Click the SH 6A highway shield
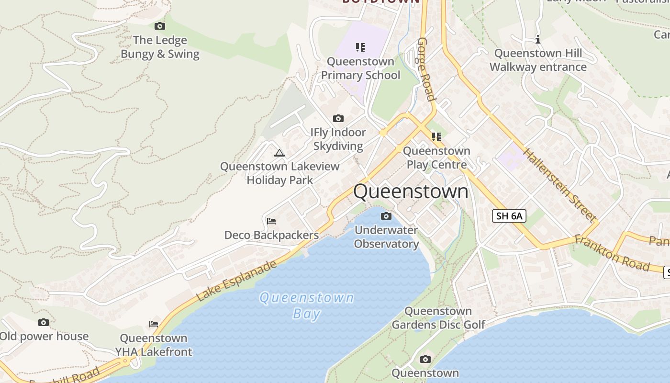coord(509,216)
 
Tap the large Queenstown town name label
coord(411,191)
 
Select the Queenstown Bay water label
coord(306,305)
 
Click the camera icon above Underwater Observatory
coord(386,216)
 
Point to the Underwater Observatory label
coord(386,237)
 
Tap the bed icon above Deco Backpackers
coord(271,221)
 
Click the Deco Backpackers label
coord(271,235)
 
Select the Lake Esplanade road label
coord(236,281)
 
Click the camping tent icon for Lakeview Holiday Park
coord(279,153)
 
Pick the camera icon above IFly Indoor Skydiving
coord(338,118)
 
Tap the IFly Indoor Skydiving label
coord(338,139)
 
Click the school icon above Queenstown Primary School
coord(360,47)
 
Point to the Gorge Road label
coord(426,69)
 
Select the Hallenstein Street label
coord(559,185)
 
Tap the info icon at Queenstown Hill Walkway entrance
coord(538,39)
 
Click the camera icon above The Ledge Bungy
coord(160,26)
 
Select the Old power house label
coord(44,336)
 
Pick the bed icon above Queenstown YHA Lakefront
coord(154,324)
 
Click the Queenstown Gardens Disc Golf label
coord(438,318)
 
